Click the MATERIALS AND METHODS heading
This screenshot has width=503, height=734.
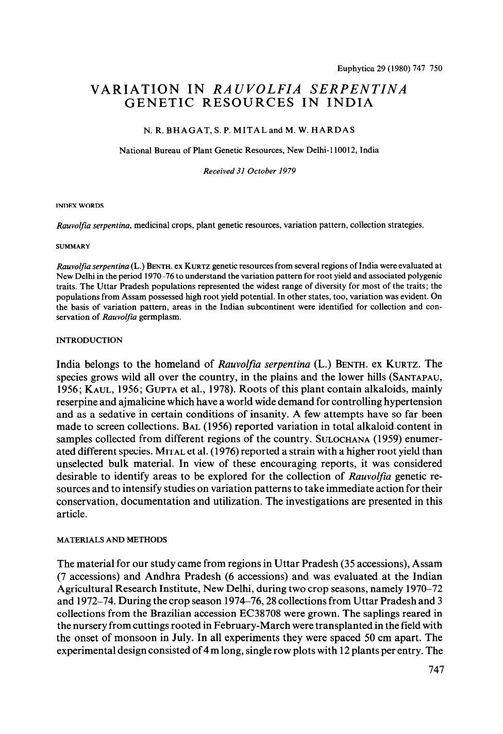(x=111, y=540)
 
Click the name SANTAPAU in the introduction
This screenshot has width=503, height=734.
(x=415, y=377)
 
